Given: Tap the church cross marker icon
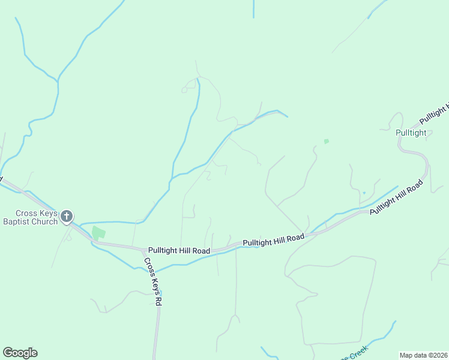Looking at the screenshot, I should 67,217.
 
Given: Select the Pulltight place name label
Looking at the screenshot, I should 411,133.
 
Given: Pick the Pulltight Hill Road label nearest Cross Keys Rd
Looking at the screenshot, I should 179,250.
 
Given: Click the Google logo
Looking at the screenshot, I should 20,353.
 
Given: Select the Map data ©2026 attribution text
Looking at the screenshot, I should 423,355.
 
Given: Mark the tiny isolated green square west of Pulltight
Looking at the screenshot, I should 327,142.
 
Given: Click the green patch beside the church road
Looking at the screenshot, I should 98,233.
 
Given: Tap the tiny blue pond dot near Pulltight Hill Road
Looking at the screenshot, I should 364,193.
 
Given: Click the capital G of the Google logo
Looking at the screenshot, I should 8,353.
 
